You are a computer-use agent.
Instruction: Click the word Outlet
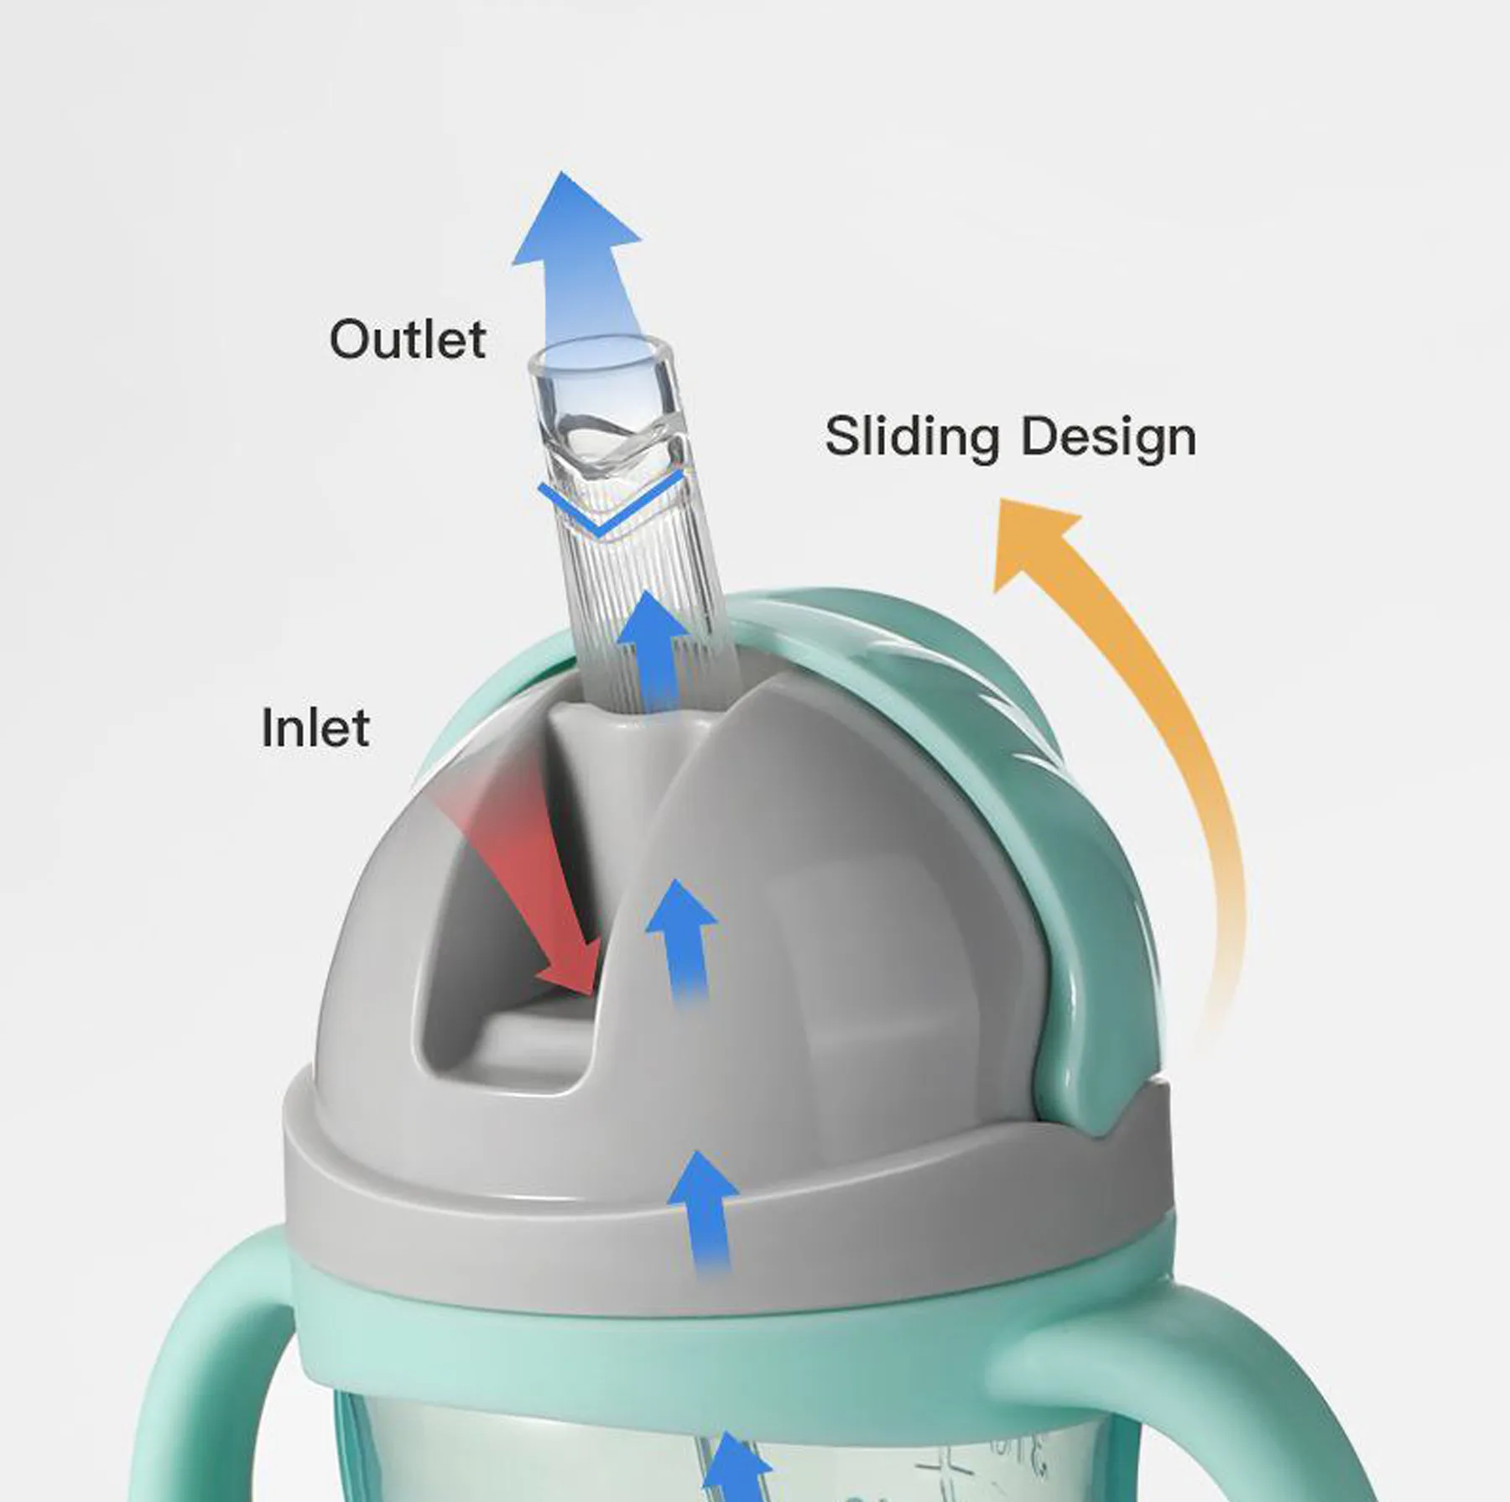click(407, 339)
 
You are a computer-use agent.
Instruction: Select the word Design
click(1107, 436)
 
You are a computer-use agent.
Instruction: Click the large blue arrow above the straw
click(579, 260)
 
